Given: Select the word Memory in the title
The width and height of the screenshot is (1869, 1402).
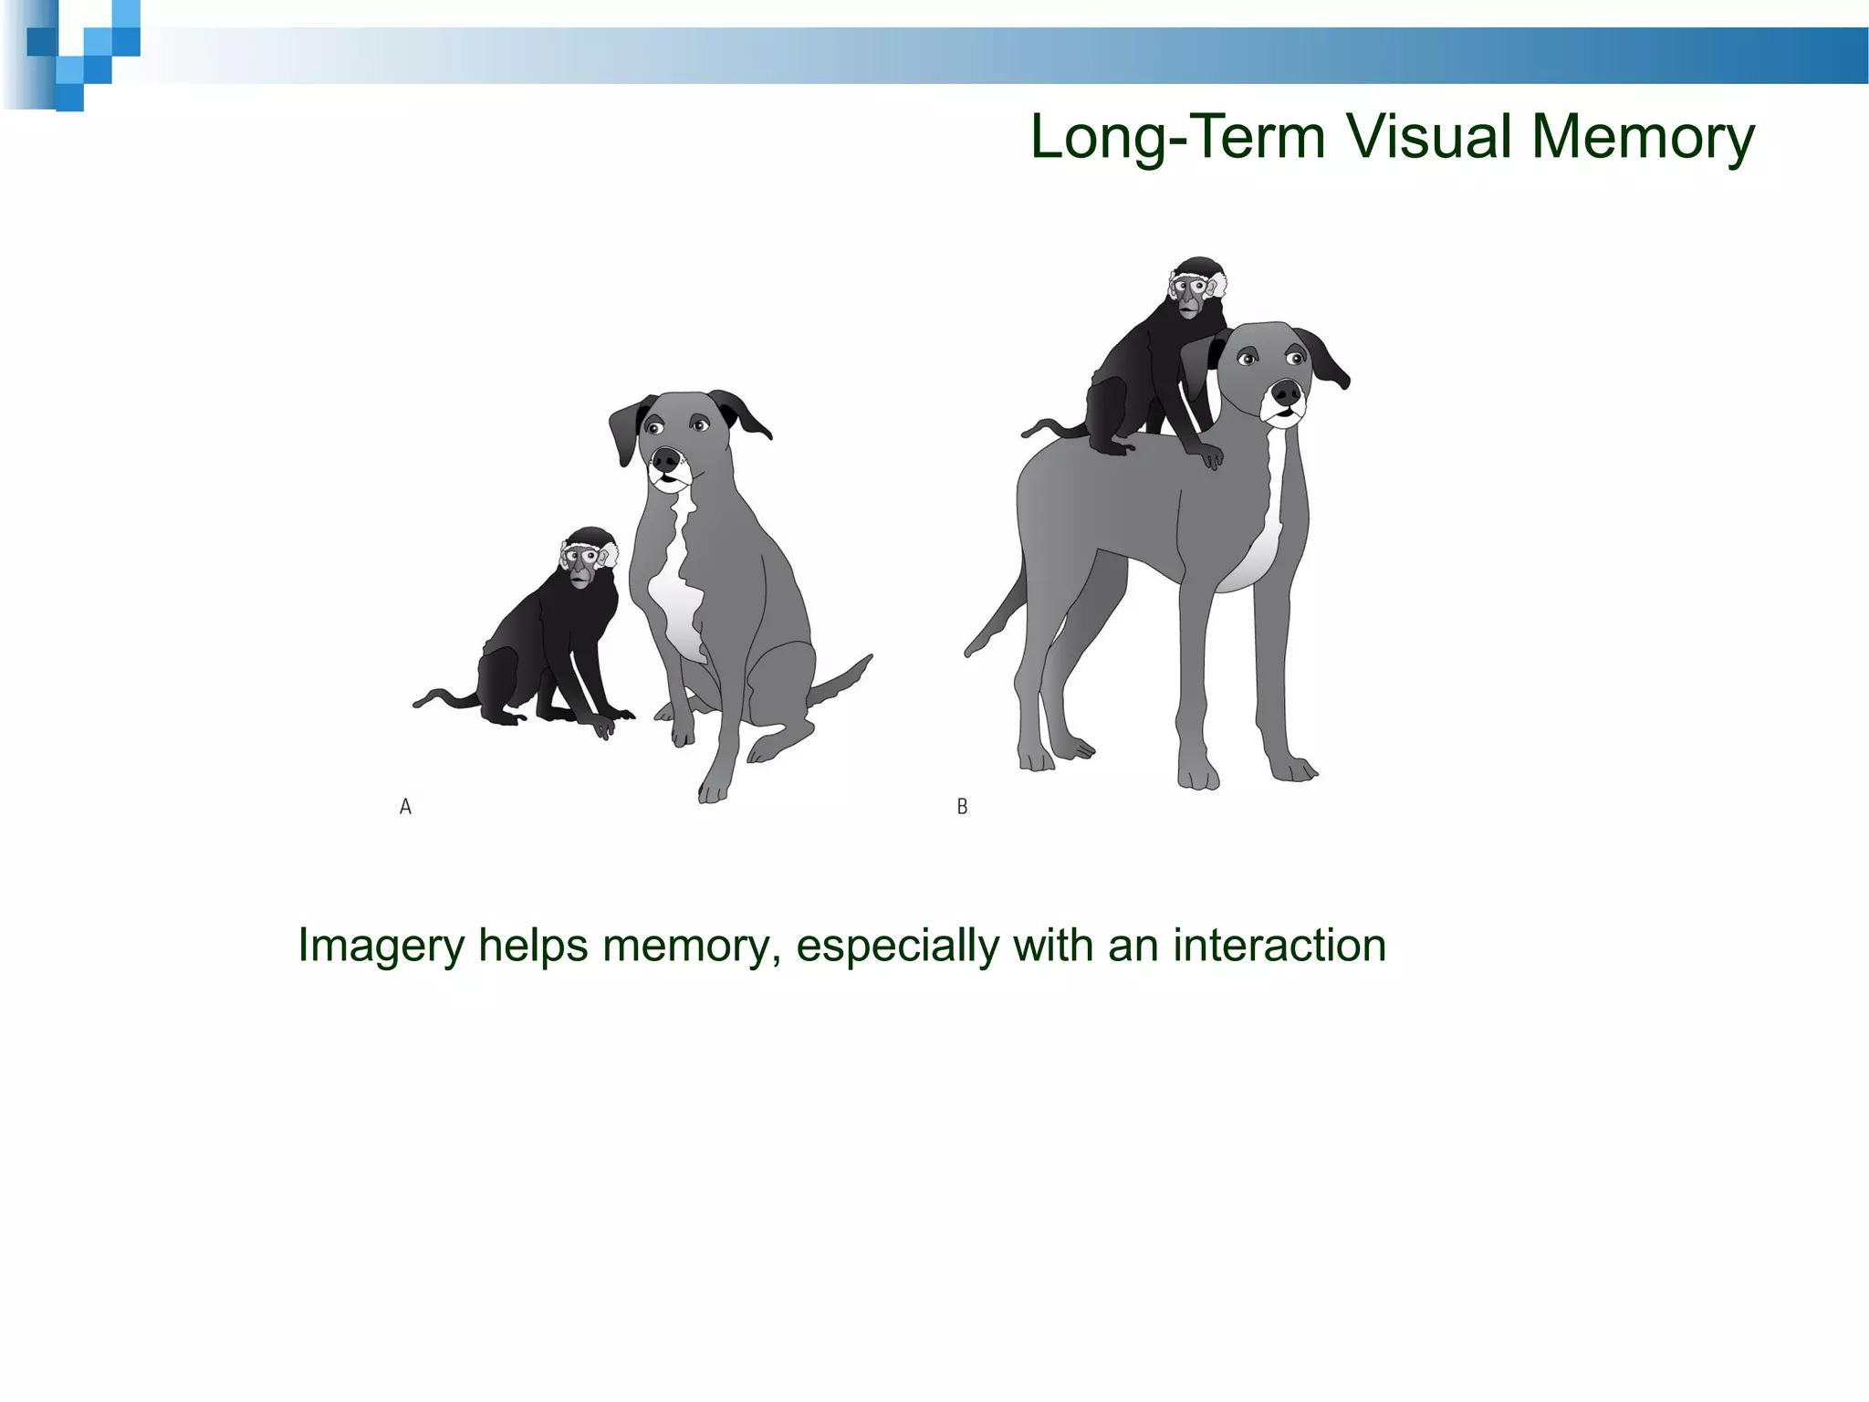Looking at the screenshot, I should (x=1643, y=139).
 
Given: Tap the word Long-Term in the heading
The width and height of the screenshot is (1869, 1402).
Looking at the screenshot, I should (x=1177, y=137).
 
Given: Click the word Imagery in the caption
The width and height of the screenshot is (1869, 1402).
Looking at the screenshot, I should (x=381, y=947).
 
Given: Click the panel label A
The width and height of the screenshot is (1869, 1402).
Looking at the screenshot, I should (x=406, y=807).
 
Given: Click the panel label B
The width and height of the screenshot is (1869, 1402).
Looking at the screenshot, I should (x=962, y=807).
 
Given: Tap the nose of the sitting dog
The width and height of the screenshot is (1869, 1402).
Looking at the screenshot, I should (x=666, y=458).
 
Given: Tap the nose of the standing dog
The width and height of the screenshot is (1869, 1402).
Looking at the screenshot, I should (x=1287, y=393).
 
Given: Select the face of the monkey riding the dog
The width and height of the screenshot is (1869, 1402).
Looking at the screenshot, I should (x=1188, y=295).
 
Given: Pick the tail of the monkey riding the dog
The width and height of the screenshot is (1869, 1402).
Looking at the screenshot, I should (x=1049, y=426).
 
